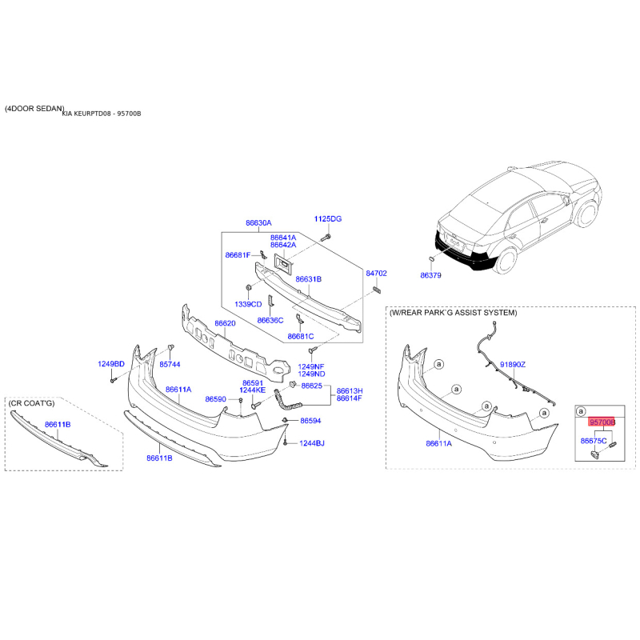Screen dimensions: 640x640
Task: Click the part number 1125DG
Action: [327, 218]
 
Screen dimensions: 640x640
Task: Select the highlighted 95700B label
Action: [602, 421]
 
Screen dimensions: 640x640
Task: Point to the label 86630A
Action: [258, 223]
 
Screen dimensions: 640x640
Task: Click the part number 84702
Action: [376, 273]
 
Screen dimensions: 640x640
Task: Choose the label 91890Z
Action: [513, 364]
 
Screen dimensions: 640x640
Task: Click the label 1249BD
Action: [112, 364]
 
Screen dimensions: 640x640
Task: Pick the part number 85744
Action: [170, 364]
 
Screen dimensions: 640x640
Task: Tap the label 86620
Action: [225, 324]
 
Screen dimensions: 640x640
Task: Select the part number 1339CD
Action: [248, 305]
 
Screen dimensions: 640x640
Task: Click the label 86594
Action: [310, 421]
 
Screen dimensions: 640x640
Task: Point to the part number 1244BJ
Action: [312, 443]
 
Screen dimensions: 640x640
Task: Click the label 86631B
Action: [308, 279]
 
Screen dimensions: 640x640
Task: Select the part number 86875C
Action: [594, 441]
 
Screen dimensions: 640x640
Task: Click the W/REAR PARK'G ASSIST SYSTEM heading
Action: [453, 313]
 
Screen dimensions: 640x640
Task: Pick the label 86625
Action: [311, 386]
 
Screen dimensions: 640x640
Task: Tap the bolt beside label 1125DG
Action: [327, 237]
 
